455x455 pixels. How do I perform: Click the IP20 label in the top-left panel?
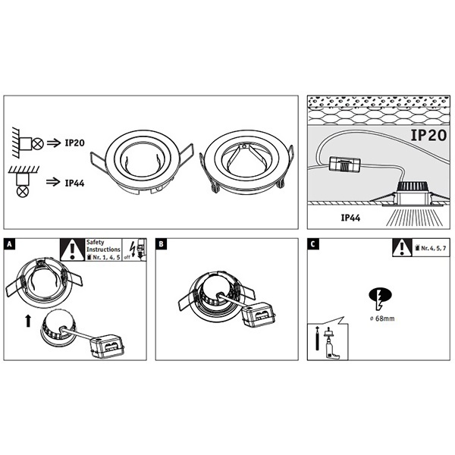[75, 141]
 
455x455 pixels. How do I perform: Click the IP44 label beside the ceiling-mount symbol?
[75, 183]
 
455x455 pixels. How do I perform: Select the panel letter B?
[162, 245]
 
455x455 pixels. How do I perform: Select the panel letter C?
[313, 245]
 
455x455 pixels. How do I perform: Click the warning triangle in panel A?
[72, 249]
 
